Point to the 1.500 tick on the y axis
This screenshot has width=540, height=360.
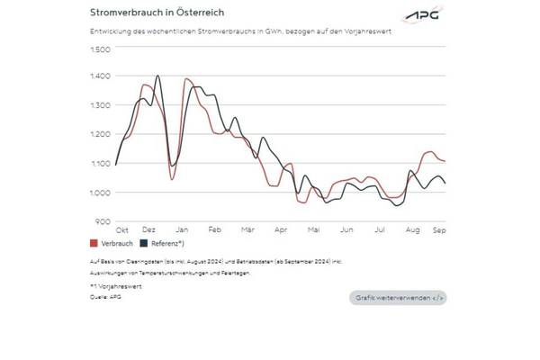[100, 48]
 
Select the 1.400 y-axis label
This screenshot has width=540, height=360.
[100, 76]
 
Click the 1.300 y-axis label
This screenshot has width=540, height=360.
[100, 105]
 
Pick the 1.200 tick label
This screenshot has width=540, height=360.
[100, 134]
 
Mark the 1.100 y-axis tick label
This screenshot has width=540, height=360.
[100, 163]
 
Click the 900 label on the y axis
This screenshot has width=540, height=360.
[103, 220]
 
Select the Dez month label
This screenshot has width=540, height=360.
[149, 230]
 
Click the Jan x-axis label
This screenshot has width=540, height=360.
[182, 230]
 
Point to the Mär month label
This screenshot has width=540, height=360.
[247, 230]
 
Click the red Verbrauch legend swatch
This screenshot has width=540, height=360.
[94, 243]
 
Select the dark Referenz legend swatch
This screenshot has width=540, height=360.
[143, 243]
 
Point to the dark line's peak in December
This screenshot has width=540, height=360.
[158, 76]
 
